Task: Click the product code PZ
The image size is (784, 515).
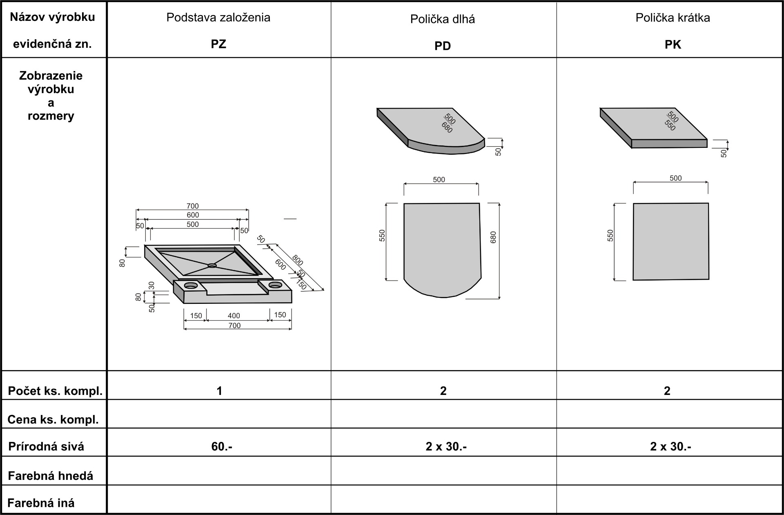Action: click(x=218, y=44)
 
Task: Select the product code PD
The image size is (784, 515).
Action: click(x=443, y=46)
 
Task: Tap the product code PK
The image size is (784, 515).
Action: click(x=673, y=45)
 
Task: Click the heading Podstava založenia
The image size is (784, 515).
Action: click(x=218, y=18)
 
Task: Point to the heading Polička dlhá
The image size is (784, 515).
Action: click(x=443, y=19)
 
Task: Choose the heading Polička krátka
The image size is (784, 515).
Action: click(x=673, y=18)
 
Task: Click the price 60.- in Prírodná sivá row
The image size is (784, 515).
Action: click(x=222, y=446)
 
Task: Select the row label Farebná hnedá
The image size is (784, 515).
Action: click(x=51, y=476)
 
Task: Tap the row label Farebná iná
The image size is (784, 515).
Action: click(x=41, y=503)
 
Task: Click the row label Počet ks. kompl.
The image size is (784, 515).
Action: click(x=55, y=391)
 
